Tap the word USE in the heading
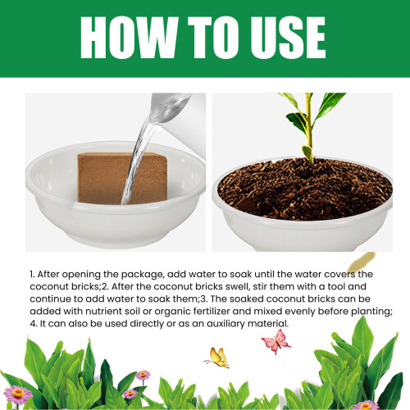click(285, 38)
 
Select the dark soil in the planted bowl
click(305, 189)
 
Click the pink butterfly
click(276, 341)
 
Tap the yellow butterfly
click(218, 358)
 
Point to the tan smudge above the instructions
click(362, 262)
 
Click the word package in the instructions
click(142, 275)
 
